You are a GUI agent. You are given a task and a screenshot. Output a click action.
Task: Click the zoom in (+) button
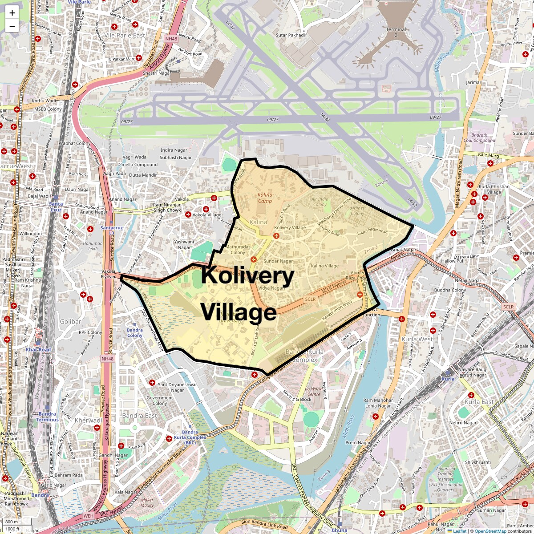tap(12, 13)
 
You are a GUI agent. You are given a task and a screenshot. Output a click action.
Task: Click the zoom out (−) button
tap(12, 26)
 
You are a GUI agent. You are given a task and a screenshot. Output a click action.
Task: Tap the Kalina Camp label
tap(265, 198)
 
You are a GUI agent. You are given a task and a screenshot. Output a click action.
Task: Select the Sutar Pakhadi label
tap(290, 35)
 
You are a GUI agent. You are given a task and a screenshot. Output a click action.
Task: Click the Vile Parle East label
tap(125, 35)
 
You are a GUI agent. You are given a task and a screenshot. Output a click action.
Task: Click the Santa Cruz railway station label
tap(56, 206)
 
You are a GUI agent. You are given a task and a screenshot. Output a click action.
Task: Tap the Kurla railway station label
tap(448, 379)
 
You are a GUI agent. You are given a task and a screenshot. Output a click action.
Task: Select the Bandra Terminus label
tap(47, 417)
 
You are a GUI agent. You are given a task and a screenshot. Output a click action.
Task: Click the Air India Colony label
tap(320, 202)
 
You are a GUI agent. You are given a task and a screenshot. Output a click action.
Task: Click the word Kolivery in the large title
tap(247, 276)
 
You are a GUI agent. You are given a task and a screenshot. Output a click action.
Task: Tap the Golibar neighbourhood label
tap(70, 321)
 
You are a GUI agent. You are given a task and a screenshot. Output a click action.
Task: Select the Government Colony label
tap(159, 400)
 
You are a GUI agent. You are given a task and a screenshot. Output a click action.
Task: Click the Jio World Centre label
tap(314, 391)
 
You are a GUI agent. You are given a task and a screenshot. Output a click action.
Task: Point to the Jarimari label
tap(474, 82)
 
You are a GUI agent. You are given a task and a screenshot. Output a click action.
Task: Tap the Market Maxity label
tap(147, 502)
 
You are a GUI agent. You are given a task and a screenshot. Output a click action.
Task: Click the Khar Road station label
tap(38, 350)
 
